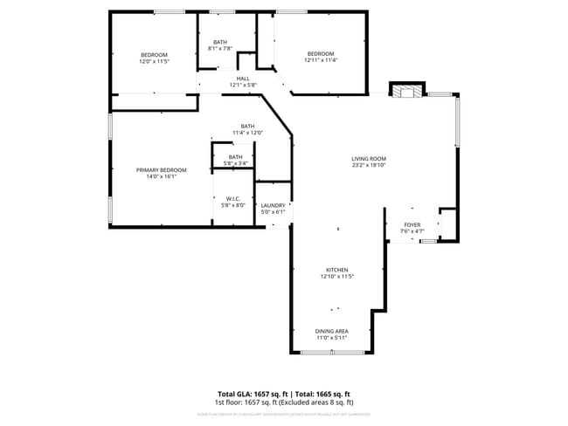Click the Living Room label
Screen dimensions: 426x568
(369, 157)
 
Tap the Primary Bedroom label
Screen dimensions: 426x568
(156, 169)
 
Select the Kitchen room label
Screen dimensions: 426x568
(337, 270)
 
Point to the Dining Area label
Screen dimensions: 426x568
(331, 331)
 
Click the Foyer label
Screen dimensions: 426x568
(410, 224)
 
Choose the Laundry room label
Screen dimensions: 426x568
(273, 205)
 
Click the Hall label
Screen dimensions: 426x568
(242, 79)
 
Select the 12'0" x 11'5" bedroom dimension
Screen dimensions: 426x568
(154, 61)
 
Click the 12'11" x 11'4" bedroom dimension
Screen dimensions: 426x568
(320, 60)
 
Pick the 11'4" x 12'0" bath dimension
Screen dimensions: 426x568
(248, 132)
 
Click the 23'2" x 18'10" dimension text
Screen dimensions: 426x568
(369, 164)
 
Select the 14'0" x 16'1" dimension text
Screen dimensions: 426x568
(156, 176)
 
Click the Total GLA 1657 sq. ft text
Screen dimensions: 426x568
(253, 394)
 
